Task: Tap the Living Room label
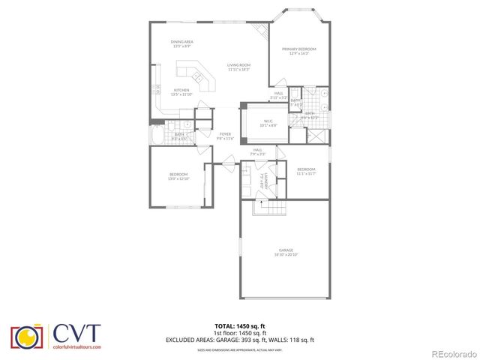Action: (x=238, y=65)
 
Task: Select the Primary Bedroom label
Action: (x=298, y=49)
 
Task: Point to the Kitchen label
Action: (x=181, y=90)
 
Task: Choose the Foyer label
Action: (x=225, y=133)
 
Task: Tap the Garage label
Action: (x=286, y=250)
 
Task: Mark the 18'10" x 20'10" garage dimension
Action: (x=286, y=255)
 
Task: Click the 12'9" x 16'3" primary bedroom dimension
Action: (x=298, y=54)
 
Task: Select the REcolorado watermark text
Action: (x=451, y=352)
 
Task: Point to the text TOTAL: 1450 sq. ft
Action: (x=239, y=325)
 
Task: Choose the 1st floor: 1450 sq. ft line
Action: (x=239, y=332)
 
